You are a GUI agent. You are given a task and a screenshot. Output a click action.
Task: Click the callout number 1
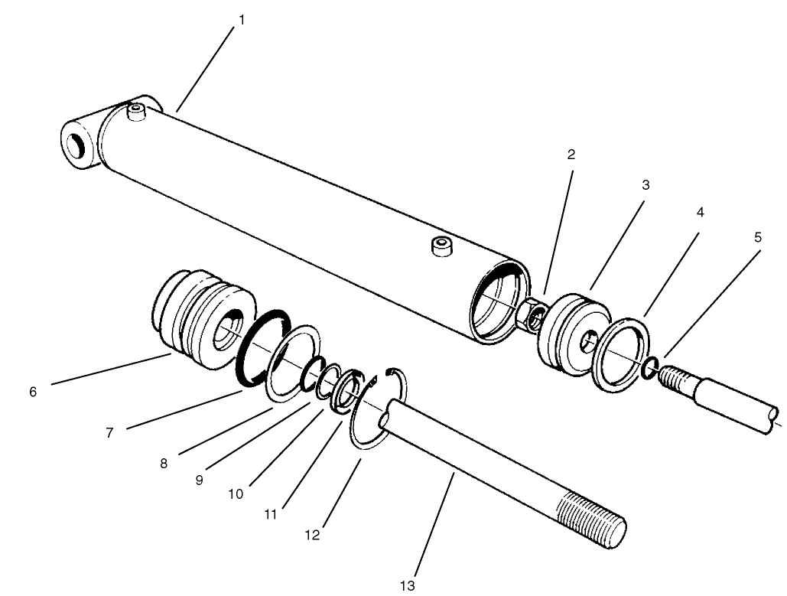point(242,19)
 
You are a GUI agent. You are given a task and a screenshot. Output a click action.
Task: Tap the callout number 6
point(32,392)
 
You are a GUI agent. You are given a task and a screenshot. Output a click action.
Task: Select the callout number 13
point(407,585)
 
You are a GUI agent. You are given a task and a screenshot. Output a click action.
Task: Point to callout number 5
point(757,237)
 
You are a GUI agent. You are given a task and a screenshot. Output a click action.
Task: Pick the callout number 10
point(236,494)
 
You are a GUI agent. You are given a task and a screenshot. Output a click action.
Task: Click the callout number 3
point(646,184)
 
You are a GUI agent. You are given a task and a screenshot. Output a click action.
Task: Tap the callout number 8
point(162,463)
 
